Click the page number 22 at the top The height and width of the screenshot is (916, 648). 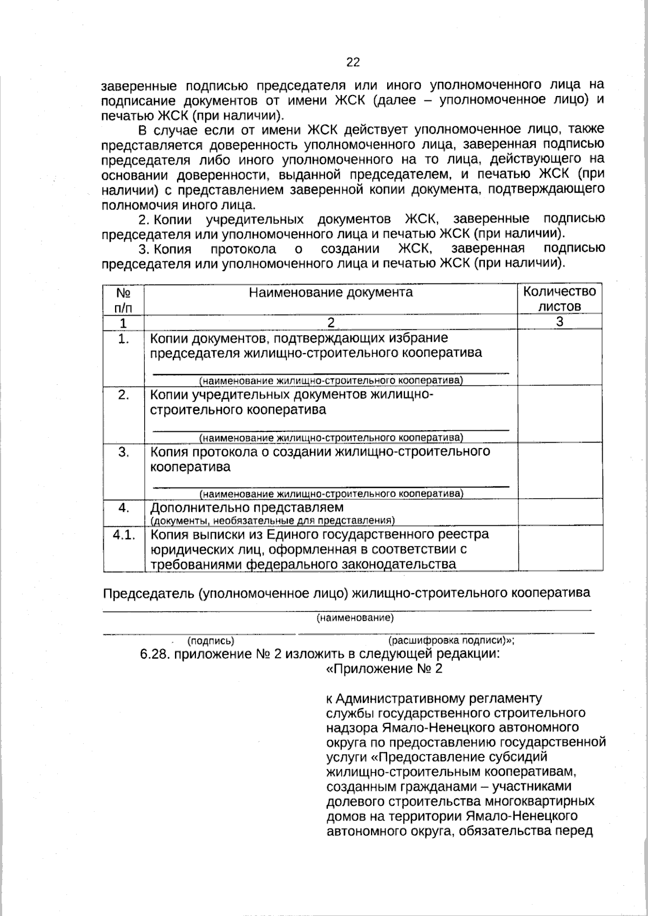[353, 62]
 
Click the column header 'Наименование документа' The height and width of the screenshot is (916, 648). [330, 293]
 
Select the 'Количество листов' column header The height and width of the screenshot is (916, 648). [559, 299]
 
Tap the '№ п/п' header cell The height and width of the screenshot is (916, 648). [124, 300]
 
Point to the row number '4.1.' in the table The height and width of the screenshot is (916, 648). [124, 534]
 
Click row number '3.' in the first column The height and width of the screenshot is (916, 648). [124, 452]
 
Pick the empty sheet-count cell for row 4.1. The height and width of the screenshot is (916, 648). [559, 548]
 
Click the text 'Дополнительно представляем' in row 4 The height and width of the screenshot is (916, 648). [247, 508]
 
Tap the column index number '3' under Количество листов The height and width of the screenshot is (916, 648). [560, 322]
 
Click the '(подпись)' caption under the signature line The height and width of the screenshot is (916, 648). [211, 641]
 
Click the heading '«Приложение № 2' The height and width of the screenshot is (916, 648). [384, 669]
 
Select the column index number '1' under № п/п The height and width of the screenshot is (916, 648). [124, 323]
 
